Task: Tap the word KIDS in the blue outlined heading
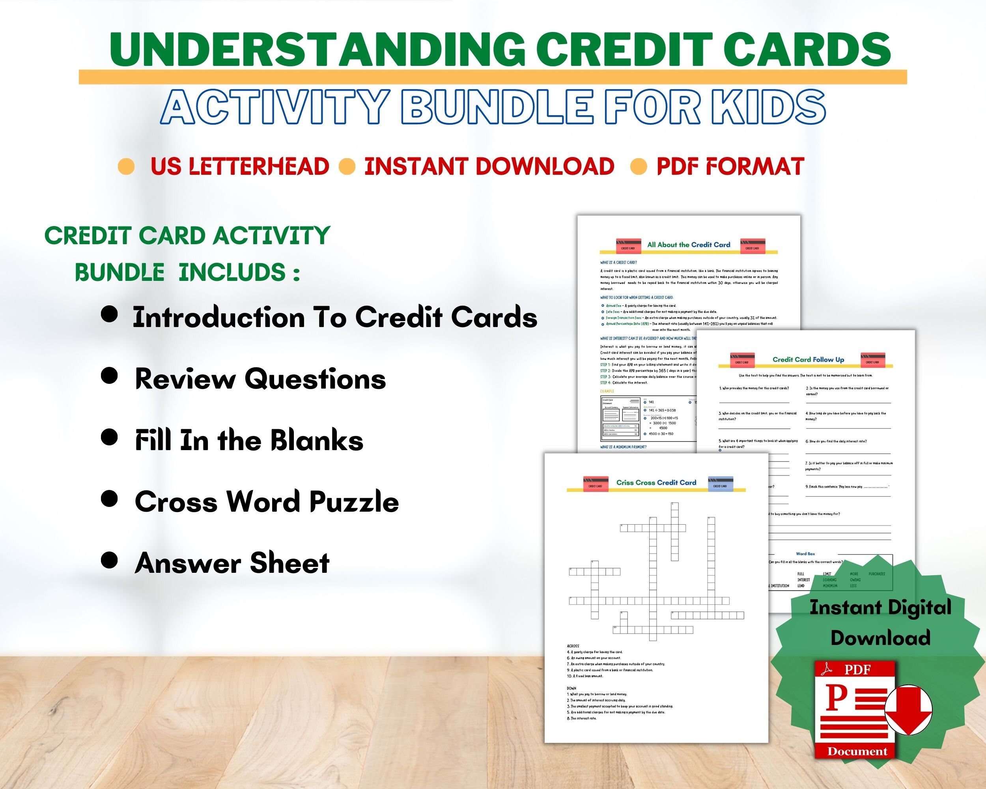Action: click(768, 107)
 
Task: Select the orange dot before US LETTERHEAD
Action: click(126, 166)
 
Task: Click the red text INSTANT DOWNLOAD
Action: click(489, 166)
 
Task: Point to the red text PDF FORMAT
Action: click(730, 166)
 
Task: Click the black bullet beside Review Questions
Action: click(109, 376)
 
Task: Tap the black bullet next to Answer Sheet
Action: click(109, 560)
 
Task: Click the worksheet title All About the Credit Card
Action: click(689, 245)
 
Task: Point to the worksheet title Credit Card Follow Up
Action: click(808, 359)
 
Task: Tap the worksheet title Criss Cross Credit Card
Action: click(656, 482)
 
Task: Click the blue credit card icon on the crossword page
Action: click(720, 484)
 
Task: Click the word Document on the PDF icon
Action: click(857, 752)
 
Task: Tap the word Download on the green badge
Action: click(880, 638)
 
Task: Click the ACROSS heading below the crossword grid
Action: click(573, 646)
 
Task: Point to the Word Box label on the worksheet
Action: click(805, 553)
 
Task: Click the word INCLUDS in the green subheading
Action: click(232, 273)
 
